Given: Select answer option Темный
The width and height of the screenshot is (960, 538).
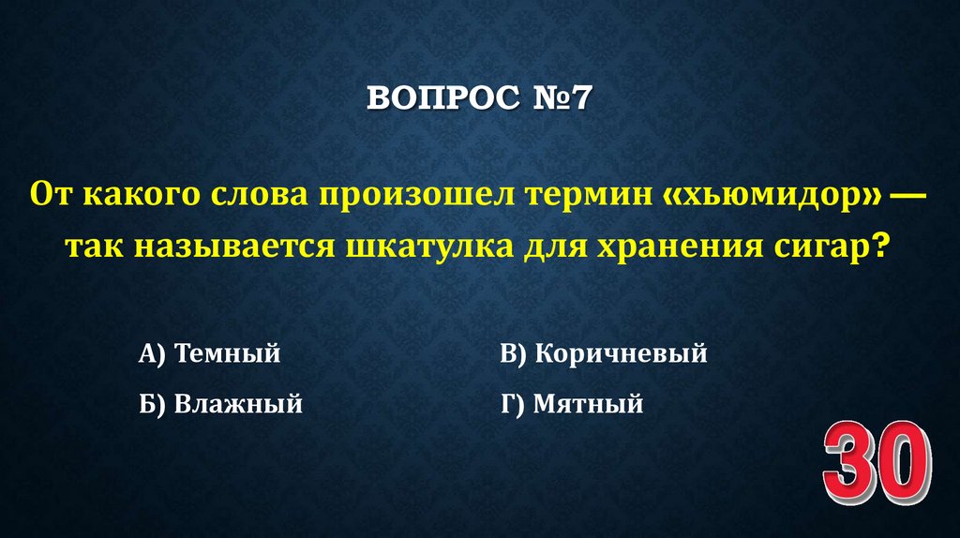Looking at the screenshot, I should (228, 354).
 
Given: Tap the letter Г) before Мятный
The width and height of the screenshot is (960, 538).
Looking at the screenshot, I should (512, 405).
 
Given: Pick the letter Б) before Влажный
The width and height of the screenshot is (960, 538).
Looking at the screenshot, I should (152, 405).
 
